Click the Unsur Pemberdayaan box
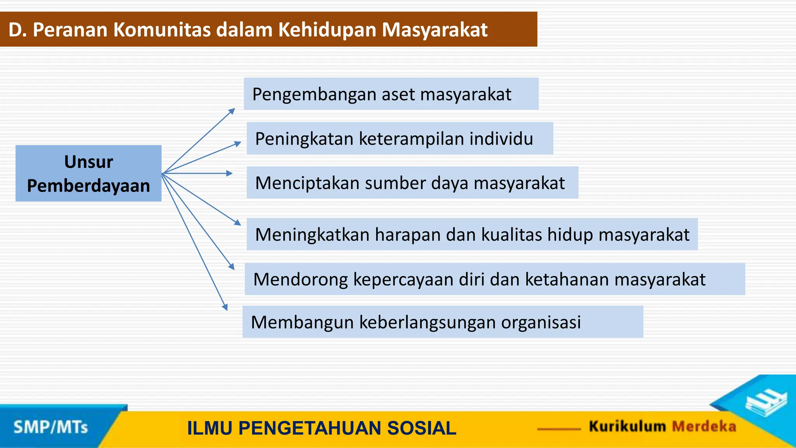pyautogui.click(x=88, y=173)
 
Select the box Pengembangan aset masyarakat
pyautogui.click(x=391, y=94)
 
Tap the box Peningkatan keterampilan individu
pyautogui.click(x=400, y=138)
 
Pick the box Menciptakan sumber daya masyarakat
pyautogui.click(x=412, y=183)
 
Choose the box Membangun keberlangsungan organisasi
pyautogui.click(x=442, y=322)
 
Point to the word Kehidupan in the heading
pyautogui.click(x=327, y=30)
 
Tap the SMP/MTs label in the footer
pyautogui.click(x=51, y=427)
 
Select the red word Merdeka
pyautogui.click(x=704, y=426)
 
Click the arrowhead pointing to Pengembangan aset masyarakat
pyautogui.click(x=232, y=111)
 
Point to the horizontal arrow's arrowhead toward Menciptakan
pyautogui.click(x=230, y=173)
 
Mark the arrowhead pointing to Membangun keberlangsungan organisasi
pyautogui.click(x=225, y=307)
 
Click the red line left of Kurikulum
pyautogui.click(x=559, y=429)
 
